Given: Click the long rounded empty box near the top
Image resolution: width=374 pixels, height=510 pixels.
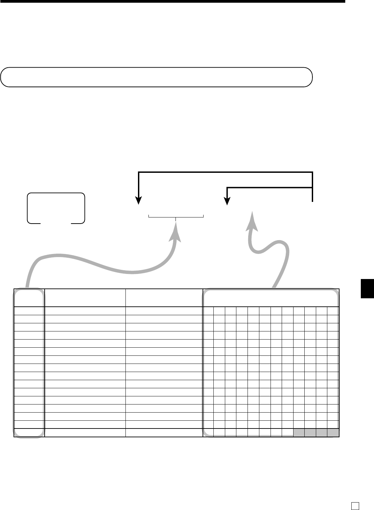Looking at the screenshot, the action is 156,77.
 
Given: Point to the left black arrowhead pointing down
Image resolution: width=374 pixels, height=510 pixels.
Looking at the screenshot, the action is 139,201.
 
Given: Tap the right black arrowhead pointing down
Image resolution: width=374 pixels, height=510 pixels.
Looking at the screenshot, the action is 228,202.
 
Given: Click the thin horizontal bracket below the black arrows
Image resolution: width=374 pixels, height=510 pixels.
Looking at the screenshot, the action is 176,215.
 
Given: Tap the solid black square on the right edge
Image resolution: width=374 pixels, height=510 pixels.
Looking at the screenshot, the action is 367,288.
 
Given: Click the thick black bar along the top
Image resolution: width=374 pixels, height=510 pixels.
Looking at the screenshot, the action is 172,1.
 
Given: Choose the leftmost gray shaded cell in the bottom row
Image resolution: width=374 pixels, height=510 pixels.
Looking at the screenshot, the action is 299,433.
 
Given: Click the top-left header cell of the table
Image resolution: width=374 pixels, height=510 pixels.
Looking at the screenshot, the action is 29,298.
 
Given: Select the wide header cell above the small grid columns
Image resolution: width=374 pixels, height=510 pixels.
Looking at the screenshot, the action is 271,298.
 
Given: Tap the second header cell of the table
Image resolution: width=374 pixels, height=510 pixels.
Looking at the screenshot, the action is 85,298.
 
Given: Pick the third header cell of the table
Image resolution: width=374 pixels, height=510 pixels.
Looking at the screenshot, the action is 164,298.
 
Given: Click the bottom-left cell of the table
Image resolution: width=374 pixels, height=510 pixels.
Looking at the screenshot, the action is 29,433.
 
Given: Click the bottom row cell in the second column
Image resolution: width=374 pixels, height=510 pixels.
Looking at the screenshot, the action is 85,433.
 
